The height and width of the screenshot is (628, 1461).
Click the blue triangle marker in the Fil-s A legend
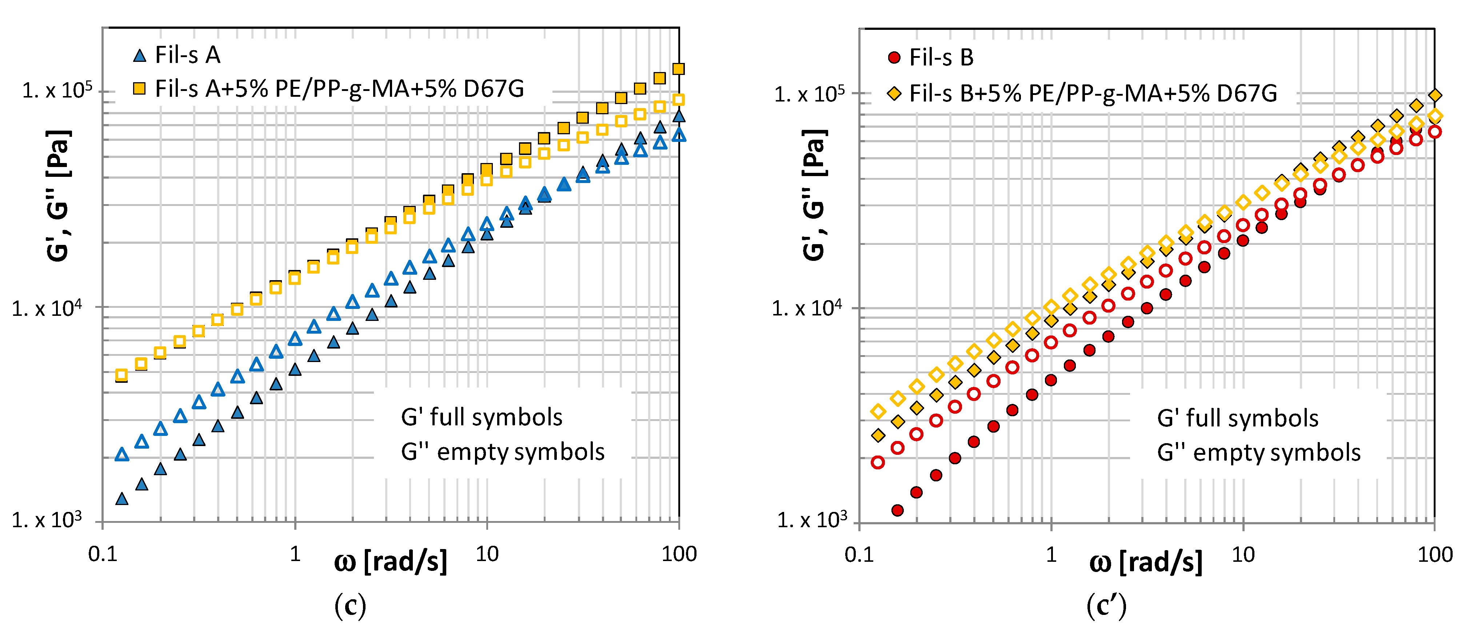[x=140, y=56]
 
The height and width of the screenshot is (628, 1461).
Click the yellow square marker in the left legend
[x=140, y=88]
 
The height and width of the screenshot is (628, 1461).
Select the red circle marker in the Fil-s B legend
[x=894, y=57]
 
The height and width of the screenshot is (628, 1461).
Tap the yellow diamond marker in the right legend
[x=894, y=93]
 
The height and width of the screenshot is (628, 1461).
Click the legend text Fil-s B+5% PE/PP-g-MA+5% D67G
[x=1093, y=93]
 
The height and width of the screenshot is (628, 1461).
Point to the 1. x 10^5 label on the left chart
[x=57, y=90]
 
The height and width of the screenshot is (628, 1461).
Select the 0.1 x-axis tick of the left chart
[x=103, y=554]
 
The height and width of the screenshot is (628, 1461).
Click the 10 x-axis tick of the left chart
[x=487, y=554]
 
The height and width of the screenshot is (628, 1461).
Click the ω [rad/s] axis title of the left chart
[x=391, y=562]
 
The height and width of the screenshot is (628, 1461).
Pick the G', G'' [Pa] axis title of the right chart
[x=814, y=196]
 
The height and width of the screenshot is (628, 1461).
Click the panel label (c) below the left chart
[x=350, y=606]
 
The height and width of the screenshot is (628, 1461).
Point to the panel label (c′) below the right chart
[x=1106, y=606]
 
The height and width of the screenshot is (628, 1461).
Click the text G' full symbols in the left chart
[x=482, y=417]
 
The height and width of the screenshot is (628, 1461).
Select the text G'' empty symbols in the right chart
[x=1258, y=453]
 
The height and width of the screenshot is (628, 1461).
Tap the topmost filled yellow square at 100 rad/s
[x=678, y=69]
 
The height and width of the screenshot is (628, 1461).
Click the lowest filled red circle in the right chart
[x=897, y=510]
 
